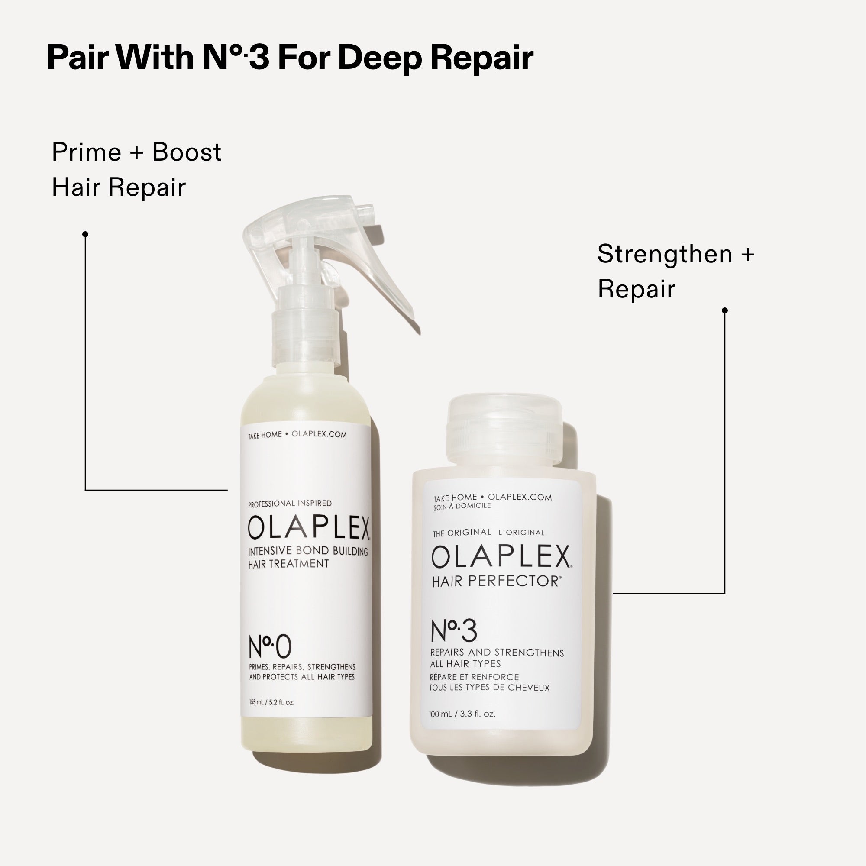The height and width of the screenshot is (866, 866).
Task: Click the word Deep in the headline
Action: (x=379, y=58)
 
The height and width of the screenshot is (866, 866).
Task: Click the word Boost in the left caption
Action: (x=187, y=152)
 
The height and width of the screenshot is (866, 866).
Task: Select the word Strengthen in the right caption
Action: (x=665, y=254)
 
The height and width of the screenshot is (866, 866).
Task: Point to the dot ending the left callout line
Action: (x=86, y=234)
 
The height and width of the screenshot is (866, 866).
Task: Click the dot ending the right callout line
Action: (x=725, y=310)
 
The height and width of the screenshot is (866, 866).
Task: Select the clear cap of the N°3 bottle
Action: (x=504, y=430)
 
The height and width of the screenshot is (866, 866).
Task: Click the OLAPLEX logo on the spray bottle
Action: (x=309, y=527)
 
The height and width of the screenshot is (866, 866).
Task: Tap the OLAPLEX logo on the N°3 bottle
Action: (x=501, y=557)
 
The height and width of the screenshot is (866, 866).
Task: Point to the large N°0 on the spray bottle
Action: (x=270, y=647)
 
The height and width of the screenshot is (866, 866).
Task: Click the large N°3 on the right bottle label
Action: (x=454, y=631)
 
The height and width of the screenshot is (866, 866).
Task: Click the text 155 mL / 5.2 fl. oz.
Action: (x=271, y=702)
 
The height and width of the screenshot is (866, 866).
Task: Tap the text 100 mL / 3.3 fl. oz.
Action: (x=462, y=714)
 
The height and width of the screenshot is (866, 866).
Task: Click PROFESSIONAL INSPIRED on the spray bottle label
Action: (x=290, y=504)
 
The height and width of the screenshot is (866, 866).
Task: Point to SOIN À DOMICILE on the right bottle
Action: (x=462, y=506)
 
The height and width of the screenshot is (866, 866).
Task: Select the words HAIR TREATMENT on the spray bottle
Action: (x=289, y=564)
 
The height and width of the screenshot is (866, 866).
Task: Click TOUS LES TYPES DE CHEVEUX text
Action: (x=489, y=688)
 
